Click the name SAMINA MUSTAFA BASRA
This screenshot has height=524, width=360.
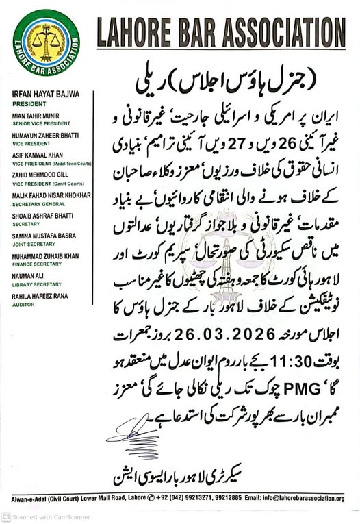(45, 232)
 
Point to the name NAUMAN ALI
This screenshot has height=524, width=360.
(30, 271)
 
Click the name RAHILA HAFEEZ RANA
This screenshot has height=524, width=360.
(44, 290)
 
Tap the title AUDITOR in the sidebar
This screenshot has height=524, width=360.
(25, 298)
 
